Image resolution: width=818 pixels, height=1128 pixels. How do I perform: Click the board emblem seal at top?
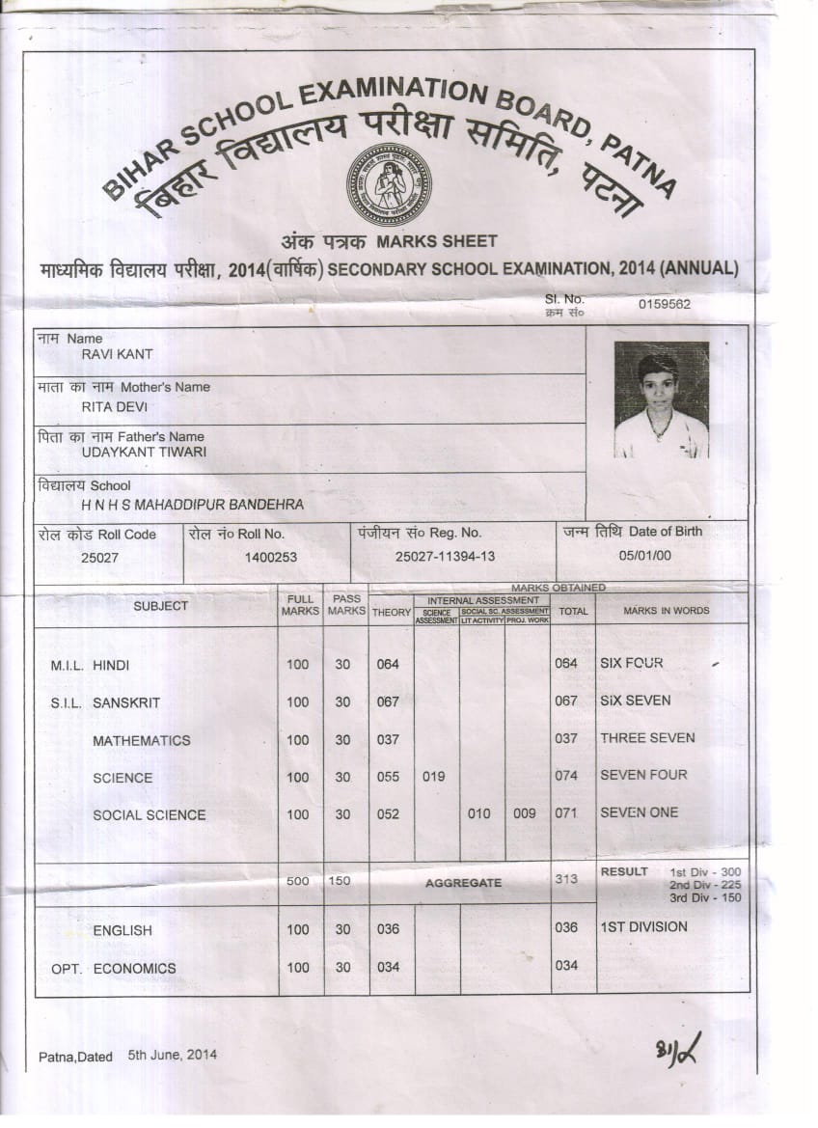pos(389,184)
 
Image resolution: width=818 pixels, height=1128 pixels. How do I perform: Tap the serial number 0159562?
pos(664,304)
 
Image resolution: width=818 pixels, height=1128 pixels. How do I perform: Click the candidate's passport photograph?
pos(661,399)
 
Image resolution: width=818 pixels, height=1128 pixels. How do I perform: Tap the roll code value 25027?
pos(100,558)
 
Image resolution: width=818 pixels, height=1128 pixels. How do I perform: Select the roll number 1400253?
pos(271,558)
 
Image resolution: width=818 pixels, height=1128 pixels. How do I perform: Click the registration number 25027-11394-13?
pos(445,557)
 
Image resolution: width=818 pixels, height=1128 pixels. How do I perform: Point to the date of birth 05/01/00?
pos(645,556)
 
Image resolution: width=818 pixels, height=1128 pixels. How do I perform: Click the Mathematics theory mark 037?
pos(388,739)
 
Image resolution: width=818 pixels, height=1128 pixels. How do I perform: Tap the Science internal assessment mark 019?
pos(434,776)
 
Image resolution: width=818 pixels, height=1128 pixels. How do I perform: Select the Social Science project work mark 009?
pos(525,813)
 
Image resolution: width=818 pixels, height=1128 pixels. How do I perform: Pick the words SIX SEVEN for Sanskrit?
pos(635,701)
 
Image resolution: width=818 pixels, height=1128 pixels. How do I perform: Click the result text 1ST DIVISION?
pos(643,926)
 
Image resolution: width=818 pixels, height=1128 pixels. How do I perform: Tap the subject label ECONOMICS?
pos(134,968)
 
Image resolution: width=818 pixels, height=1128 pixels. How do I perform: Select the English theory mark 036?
pos(388,929)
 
